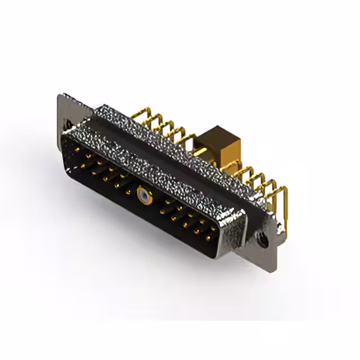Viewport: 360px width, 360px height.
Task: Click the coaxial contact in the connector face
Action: tap(145, 197)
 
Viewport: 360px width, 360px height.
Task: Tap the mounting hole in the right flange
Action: tap(263, 238)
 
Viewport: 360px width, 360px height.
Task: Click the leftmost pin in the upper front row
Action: tap(78, 151)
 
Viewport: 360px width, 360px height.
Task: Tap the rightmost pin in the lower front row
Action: tap(209, 238)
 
